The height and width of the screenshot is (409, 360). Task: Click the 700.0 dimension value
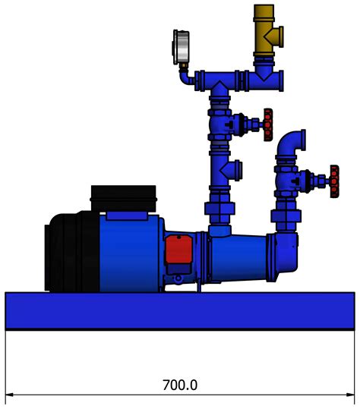click(x=180, y=385)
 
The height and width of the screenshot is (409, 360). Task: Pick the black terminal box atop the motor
click(x=124, y=197)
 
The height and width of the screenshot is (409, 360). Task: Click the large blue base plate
click(x=180, y=311)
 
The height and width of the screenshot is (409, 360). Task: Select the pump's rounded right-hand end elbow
click(x=288, y=251)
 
